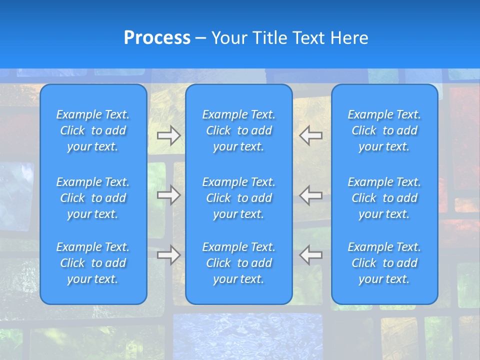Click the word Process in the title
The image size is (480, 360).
157,38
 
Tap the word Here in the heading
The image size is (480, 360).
349,38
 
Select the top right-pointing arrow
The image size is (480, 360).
168,135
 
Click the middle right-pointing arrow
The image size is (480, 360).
168,195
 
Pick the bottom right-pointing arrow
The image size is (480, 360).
168,255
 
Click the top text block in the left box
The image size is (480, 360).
93,130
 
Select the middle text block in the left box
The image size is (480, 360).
93,198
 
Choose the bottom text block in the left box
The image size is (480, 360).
93,263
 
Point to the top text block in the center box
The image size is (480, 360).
238,130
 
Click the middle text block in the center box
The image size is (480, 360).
238,198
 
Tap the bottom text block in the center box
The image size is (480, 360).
238,263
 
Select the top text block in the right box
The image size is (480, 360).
384,130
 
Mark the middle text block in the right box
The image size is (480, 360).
384,198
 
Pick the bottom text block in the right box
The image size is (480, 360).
384,263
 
